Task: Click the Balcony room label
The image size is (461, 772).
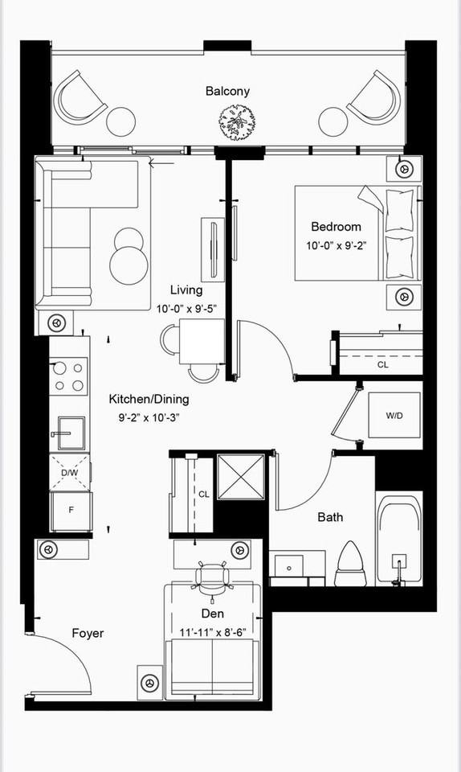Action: pyautogui.click(x=227, y=91)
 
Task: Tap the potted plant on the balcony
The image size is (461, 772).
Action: pyautogui.click(x=239, y=122)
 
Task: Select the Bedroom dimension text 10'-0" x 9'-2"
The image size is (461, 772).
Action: pyautogui.click(x=337, y=246)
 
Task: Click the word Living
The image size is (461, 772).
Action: pyautogui.click(x=186, y=290)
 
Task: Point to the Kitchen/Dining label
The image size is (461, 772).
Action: pyautogui.click(x=149, y=400)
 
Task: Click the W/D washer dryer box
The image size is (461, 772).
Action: pyautogui.click(x=394, y=415)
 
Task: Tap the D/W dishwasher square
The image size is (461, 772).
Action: pyautogui.click(x=70, y=472)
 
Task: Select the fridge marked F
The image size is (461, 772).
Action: pyautogui.click(x=71, y=511)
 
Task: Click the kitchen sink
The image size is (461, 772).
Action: pyautogui.click(x=71, y=433)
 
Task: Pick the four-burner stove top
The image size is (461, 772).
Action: pyautogui.click(x=69, y=376)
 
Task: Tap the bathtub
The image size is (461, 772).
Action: pyautogui.click(x=398, y=539)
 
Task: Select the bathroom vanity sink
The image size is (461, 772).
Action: pyautogui.click(x=289, y=565)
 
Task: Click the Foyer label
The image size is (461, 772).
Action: pyautogui.click(x=88, y=633)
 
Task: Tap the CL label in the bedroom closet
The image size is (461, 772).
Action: pyautogui.click(x=383, y=365)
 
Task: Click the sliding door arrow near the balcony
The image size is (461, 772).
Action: pyautogui.click(x=161, y=163)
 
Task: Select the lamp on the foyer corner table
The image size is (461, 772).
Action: pyautogui.click(x=149, y=683)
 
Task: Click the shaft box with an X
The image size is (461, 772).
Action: pyautogui.click(x=241, y=477)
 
